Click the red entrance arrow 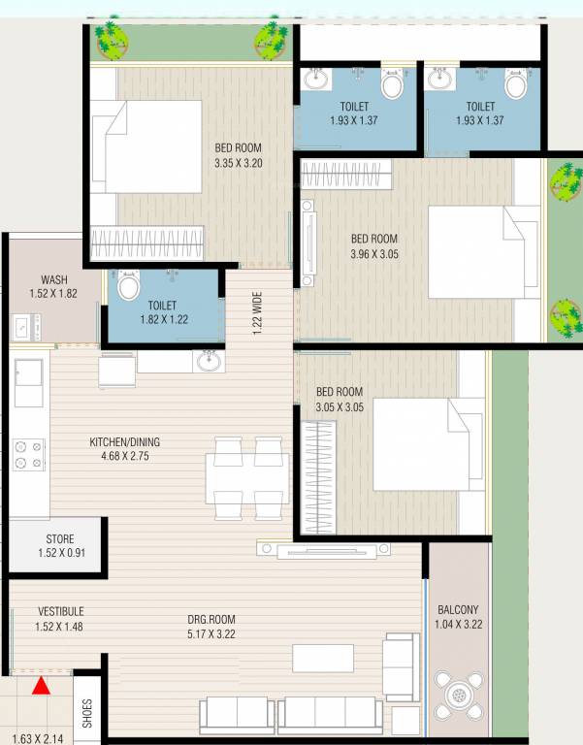41,687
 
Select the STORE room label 60,539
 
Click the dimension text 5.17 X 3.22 211,633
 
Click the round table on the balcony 458,696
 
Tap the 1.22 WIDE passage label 257,312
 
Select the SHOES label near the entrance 86,714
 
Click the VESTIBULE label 60,611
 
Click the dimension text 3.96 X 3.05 373,254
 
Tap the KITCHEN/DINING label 124,442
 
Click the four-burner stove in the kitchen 28,454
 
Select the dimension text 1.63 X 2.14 36,737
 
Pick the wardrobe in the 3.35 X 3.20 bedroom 147,243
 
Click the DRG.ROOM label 211,619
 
